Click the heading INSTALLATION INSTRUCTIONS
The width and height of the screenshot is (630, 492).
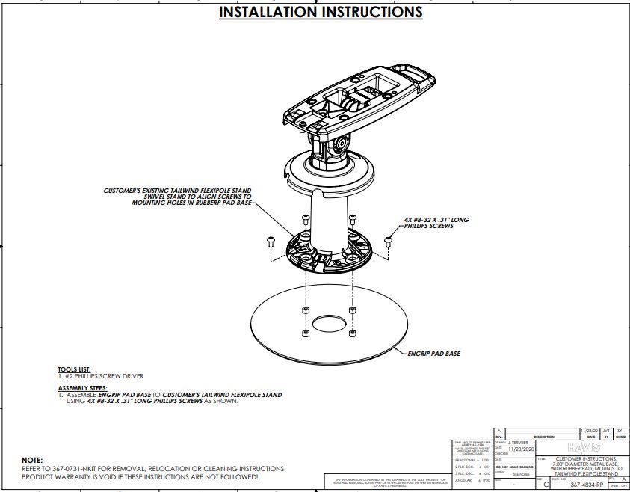(x=321, y=13)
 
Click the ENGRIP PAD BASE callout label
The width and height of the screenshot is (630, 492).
(x=434, y=352)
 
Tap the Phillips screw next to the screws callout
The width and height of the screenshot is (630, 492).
(x=388, y=241)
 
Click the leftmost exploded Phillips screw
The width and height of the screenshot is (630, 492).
(x=271, y=241)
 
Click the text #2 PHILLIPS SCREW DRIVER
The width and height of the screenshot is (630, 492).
(x=101, y=376)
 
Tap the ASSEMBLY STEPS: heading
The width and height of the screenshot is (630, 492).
(x=82, y=389)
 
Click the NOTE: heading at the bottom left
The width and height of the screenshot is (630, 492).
(x=32, y=460)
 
